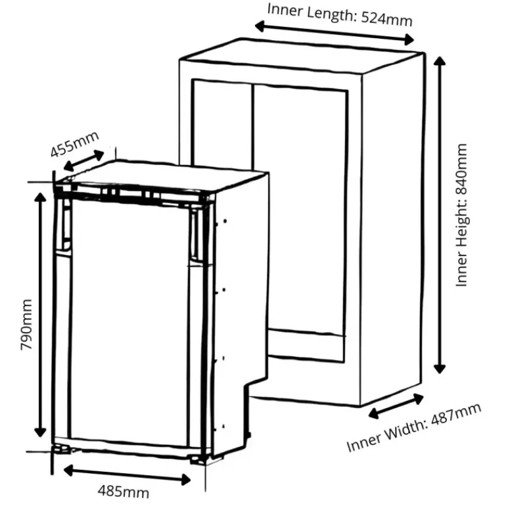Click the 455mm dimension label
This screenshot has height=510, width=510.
[75, 144]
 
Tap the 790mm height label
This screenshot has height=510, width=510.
[26, 324]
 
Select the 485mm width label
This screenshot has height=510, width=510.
[124, 492]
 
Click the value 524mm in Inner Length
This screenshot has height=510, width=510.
[387, 19]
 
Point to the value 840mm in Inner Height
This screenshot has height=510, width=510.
[462, 169]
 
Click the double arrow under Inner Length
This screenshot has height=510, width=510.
[334, 33]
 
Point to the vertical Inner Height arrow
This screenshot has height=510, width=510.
[439, 215]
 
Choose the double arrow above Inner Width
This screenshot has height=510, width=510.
[395, 406]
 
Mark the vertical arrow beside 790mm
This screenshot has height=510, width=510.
[40, 315]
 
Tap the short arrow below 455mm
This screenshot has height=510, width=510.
[84, 161]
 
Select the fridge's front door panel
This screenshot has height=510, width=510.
[129, 322]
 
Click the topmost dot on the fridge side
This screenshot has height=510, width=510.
[225, 221]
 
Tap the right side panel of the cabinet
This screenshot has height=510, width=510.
[392, 228]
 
